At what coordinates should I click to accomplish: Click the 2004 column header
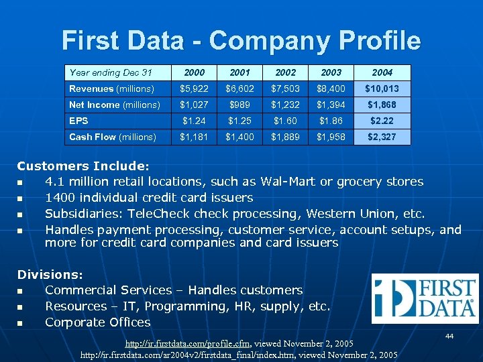(382, 72)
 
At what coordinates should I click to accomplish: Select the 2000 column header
(194, 72)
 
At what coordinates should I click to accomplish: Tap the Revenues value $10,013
(382, 88)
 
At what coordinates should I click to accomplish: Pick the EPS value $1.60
(286, 121)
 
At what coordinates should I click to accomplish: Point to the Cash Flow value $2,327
(382, 137)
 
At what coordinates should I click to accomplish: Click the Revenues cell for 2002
(286, 88)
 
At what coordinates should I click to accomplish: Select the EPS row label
(79, 121)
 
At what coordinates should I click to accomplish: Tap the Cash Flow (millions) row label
(113, 137)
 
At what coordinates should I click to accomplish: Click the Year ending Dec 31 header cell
(111, 72)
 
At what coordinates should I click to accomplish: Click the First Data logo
(425, 298)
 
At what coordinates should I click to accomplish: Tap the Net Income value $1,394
(331, 105)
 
